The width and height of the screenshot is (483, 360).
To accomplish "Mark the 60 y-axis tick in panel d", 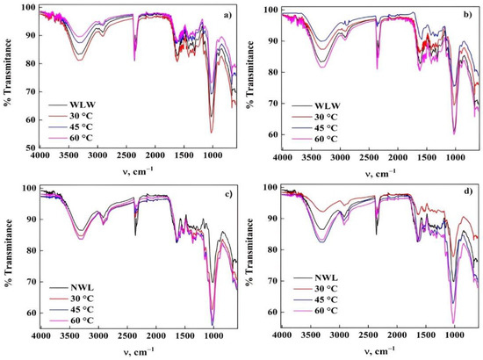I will point(269,312).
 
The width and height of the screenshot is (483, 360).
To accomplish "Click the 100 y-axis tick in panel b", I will point(266,10).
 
